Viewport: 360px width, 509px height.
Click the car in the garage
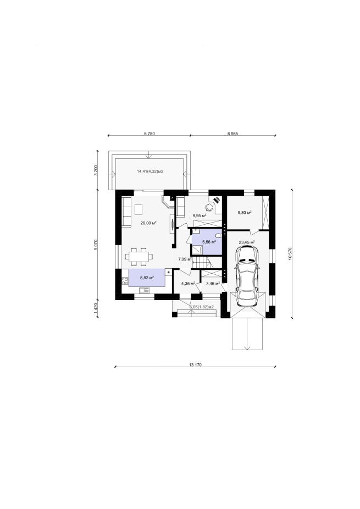click(248, 276)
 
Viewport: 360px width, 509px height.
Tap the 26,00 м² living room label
click(149, 223)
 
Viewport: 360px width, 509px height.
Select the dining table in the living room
click(139, 257)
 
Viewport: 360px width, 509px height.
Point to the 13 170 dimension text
click(195, 364)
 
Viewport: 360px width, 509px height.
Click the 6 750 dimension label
click(149, 134)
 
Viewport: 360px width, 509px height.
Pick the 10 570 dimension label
click(290, 253)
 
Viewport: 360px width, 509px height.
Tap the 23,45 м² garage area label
click(247, 242)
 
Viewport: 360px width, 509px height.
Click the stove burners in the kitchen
click(125, 281)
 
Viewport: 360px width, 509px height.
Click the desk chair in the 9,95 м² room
click(210, 207)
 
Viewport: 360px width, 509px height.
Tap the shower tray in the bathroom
click(197, 250)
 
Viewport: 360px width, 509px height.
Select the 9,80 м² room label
click(245, 213)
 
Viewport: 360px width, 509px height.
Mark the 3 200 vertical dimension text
click(96, 170)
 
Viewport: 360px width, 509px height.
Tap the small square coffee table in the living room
click(139, 209)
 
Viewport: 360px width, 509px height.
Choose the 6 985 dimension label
click(232, 134)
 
